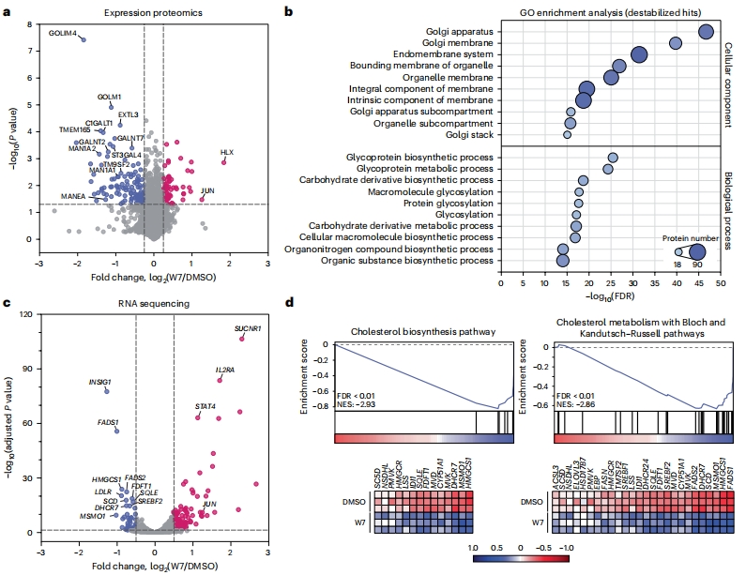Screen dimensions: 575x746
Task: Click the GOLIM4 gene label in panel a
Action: pyautogui.click(x=63, y=33)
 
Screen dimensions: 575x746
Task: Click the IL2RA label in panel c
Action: pyautogui.click(x=224, y=371)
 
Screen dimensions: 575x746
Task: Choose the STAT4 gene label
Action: pyautogui.click(x=206, y=406)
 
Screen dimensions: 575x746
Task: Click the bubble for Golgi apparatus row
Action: pyautogui.click(x=706, y=32)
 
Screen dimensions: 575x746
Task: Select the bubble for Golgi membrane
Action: pyautogui.click(x=676, y=43)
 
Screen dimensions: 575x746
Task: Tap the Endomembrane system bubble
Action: pyautogui.click(x=639, y=54)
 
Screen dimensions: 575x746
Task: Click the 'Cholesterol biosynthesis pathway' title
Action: pyautogui.click(x=425, y=330)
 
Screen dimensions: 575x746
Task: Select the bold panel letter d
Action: pyautogui.click(x=289, y=303)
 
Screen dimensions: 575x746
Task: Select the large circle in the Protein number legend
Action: pyautogui.click(x=697, y=251)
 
